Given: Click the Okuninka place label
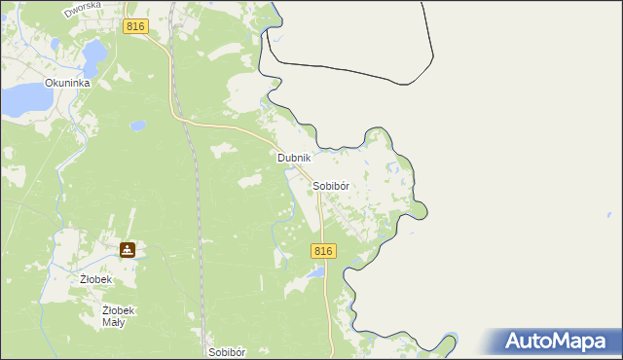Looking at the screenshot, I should click(67, 84).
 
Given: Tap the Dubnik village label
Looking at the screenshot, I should click(293, 158).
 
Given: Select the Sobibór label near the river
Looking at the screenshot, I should click(331, 185).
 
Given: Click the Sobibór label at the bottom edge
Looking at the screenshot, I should click(229, 351).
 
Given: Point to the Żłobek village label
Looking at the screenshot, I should click(96, 279).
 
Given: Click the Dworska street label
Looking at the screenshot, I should click(83, 11).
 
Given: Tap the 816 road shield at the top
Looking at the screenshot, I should click(136, 27).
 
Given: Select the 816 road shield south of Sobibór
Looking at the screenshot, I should click(324, 251).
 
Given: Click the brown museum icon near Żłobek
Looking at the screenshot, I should click(128, 250).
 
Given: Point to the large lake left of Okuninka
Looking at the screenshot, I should click(23, 97).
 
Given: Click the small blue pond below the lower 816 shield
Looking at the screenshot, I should click(316, 273).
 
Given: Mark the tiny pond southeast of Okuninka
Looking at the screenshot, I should click(137, 126).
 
